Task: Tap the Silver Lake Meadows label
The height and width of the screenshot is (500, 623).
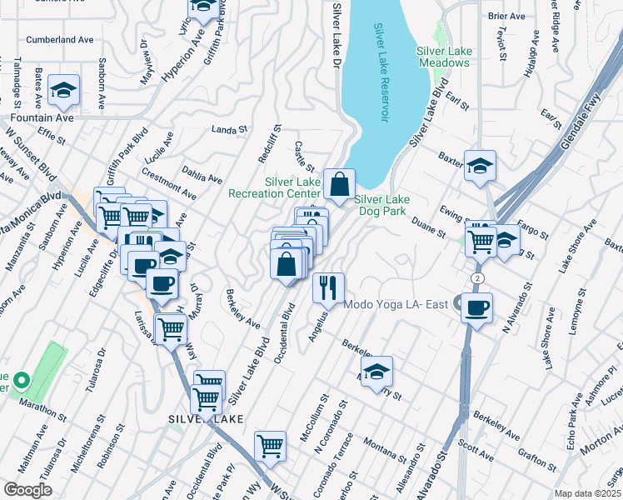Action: click(x=444, y=57)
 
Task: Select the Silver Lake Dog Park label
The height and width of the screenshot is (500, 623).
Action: click(x=382, y=205)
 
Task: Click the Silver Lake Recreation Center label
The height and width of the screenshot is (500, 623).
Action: click(x=292, y=187)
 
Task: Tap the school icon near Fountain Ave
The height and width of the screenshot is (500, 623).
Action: click(x=62, y=92)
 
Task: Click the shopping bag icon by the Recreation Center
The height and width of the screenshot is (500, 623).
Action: click(x=340, y=184)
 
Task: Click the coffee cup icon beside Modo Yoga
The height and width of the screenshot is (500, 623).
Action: click(x=476, y=307)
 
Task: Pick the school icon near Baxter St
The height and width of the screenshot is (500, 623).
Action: click(x=480, y=166)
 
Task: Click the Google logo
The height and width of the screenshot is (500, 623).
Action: click(x=27, y=490)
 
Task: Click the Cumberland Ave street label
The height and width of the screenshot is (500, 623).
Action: click(x=60, y=39)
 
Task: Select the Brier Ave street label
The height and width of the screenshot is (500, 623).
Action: click(x=506, y=16)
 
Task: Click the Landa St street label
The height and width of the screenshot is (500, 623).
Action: click(x=231, y=129)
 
